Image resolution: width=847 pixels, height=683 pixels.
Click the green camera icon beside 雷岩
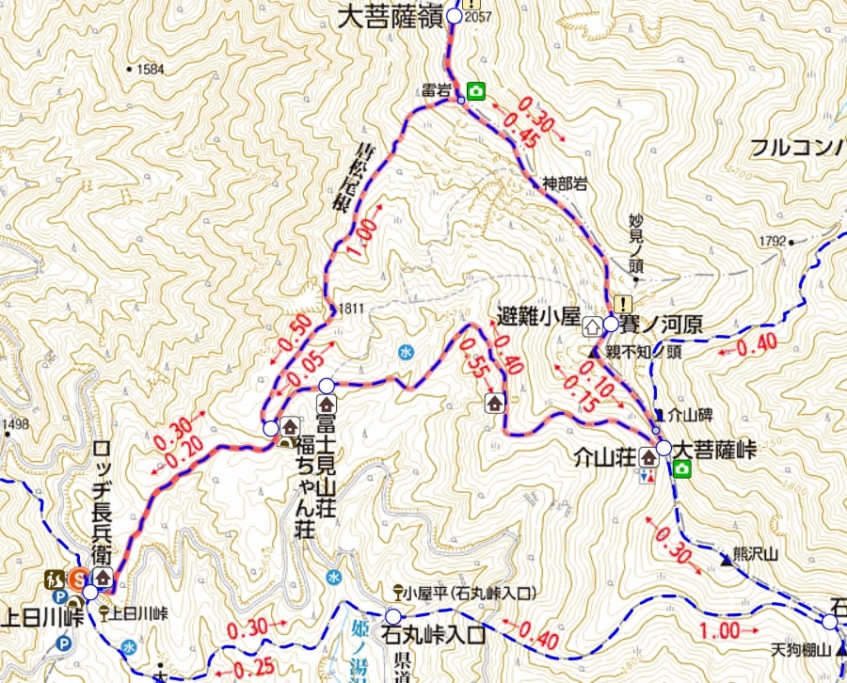click(x=476, y=91)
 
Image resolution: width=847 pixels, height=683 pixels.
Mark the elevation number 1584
click(x=151, y=70)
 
